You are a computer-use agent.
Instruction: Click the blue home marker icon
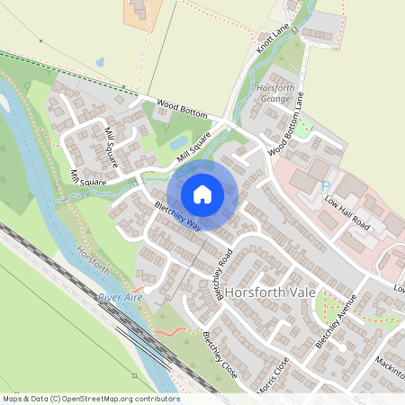202,193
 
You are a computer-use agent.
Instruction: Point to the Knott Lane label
272,39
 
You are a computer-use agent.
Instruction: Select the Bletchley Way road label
177,215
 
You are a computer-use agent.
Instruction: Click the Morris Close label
274,372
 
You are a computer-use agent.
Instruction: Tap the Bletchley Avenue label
337,321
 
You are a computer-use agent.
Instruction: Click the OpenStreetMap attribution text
90,399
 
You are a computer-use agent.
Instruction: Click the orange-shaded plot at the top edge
141,14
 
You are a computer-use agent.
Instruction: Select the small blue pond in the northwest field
99,62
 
